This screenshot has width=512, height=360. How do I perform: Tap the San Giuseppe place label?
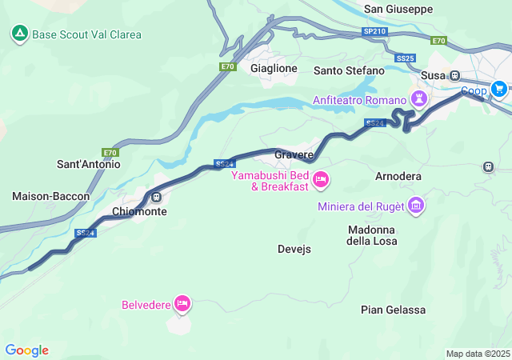[x=398, y=9]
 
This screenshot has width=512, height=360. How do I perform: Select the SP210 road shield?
[x=374, y=31]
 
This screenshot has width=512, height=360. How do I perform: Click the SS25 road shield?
[x=405, y=58]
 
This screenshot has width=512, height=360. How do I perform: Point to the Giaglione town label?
[x=274, y=69]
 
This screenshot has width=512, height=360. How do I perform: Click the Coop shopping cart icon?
[x=499, y=89]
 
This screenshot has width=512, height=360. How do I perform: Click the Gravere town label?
[x=294, y=154]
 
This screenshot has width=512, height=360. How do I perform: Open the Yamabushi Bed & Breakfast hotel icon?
[x=320, y=179]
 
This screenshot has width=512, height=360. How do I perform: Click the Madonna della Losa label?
[x=371, y=235]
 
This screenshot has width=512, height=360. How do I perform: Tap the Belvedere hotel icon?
[x=182, y=304]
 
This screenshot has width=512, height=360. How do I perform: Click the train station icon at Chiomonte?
[x=157, y=197]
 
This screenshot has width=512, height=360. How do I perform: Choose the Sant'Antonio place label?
[x=88, y=164]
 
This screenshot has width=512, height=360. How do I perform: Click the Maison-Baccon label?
[x=51, y=196]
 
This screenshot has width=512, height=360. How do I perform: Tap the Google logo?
[x=26, y=350]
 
